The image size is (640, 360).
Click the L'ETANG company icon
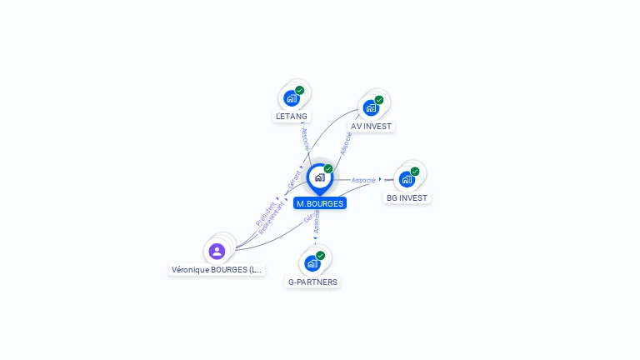click(x=292, y=97)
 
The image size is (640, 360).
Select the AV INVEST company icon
click(x=371, y=107)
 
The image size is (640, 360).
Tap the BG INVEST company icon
click(x=407, y=178)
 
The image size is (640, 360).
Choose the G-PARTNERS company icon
click(x=312, y=263)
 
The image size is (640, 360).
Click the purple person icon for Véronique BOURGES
click(x=217, y=251)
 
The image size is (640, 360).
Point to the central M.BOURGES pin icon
click(x=319, y=177)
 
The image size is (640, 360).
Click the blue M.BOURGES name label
click(x=320, y=203)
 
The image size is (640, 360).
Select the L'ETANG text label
click(x=292, y=117)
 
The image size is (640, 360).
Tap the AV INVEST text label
click(x=371, y=127)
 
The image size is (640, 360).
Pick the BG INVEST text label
click(x=407, y=198)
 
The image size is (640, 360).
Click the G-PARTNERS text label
click(x=312, y=282)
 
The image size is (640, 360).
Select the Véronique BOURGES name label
click(x=217, y=270)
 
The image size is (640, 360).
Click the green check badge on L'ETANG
click(x=300, y=90)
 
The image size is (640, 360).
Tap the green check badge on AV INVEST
click(x=379, y=100)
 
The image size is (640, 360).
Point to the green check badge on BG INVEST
click(x=415, y=171)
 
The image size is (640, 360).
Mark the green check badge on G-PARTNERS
click(x=321, y=256)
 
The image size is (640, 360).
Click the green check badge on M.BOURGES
click(x=328, y=169)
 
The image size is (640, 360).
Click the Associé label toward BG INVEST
click(x=363, y=180)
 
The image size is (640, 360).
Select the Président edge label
click(x=266, y=213)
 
